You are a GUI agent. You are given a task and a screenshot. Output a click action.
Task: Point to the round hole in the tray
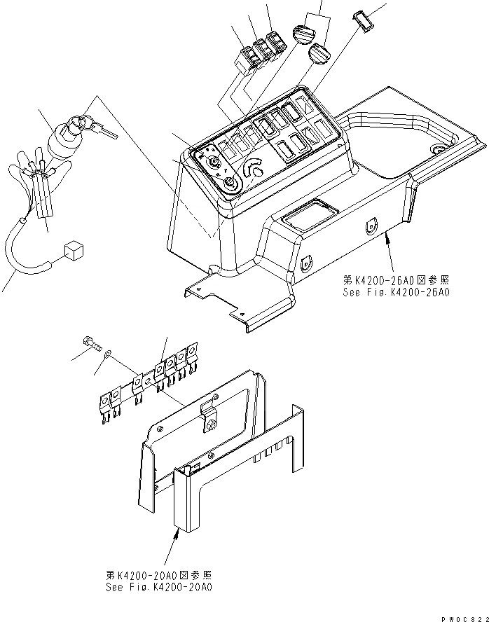(440, 149)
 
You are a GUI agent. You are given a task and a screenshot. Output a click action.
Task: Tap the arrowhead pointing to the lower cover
(176, 532)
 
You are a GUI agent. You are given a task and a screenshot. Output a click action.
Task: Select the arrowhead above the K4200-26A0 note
(386, 239)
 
